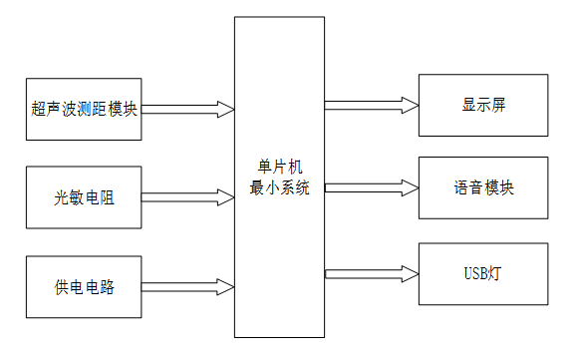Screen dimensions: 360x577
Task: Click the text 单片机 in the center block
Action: pyautogui.click(x=279, y=166)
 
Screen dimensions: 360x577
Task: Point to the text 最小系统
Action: pyautogui.click(x=279, y=185)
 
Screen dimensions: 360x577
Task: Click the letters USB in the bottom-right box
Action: pyautogui.click(x=476, y=273)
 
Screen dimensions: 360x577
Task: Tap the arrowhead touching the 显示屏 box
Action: pyautogui.click(x=409, y=103)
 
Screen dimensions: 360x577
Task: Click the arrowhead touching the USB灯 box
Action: pyautogui.click(x=409, y=273)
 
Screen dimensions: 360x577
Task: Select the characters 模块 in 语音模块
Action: pyautogui.click(x=502, y=187)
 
